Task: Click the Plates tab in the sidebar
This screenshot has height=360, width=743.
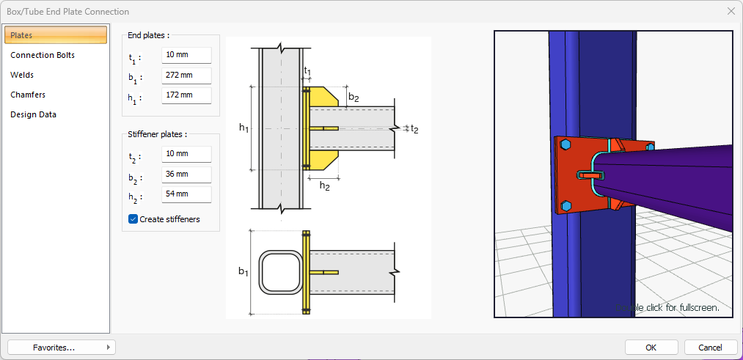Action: (56, 35)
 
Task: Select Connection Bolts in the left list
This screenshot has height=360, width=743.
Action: (43, 55)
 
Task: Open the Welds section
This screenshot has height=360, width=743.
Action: (22, 75)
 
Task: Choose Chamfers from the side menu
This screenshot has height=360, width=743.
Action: (28, 95)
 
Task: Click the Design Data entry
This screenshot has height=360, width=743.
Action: (33, 114)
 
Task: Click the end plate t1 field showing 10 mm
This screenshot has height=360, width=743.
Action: (186, 56)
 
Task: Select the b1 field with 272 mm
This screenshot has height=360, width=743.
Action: (186, 76)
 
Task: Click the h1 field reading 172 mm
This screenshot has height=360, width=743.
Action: (186, 95)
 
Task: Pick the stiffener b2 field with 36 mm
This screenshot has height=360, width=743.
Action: (186, 175)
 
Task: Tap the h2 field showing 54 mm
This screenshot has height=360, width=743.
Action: (186, 194)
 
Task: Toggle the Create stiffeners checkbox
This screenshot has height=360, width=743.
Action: (133, 219)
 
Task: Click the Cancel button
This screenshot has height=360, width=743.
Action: (710, 347)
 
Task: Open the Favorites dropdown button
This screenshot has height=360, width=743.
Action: (62, 347)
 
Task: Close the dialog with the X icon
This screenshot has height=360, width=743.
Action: (731, 11)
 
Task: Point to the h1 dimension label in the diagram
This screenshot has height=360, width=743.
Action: (244, 128)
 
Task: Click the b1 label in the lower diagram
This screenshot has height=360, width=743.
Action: (244, 271)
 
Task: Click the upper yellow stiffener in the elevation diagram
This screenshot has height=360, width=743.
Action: (323, 98)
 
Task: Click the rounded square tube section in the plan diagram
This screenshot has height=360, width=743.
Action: (279, 272)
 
